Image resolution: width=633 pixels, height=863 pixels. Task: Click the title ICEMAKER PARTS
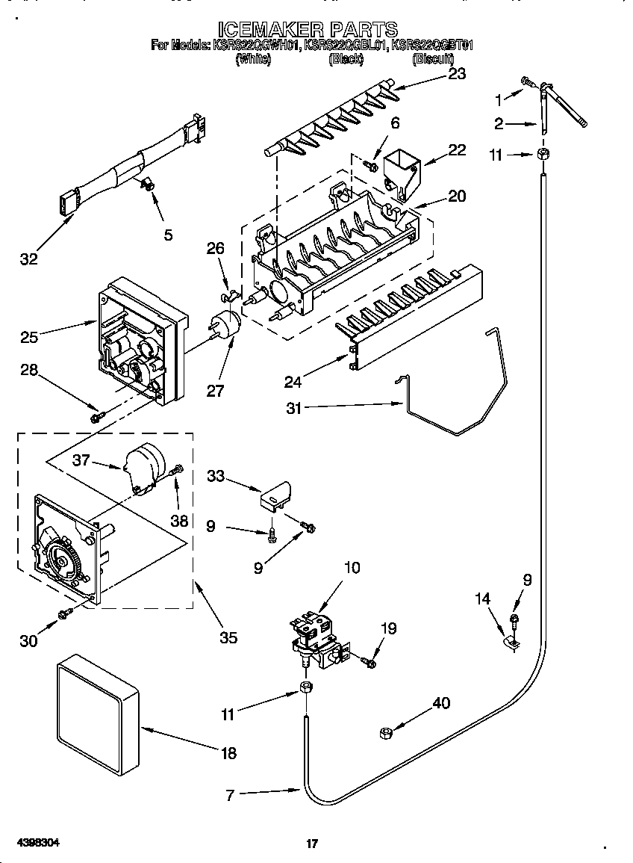pos(311,29)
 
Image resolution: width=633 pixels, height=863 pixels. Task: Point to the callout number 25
pos(30,337)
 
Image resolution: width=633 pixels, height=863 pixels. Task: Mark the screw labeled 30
pos(65,613)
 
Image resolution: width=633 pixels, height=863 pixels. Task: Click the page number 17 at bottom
pos(313,844)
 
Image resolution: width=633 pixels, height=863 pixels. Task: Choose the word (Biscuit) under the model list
pos(433,59)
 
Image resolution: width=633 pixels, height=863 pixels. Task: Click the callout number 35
pos(228,637)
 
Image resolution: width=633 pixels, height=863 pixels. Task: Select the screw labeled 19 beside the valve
pos(369,661)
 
